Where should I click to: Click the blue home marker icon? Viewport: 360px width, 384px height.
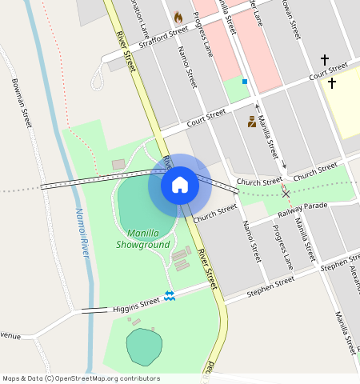pos(180,185)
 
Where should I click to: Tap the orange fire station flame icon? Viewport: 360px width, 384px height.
pos(178,17)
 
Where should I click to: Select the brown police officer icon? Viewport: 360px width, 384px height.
pos(251,122)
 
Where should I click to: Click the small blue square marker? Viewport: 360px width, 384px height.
pos(244,82)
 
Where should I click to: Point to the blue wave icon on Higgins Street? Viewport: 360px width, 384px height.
pos(170,296)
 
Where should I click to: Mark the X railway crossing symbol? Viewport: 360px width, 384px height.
pos(286,193)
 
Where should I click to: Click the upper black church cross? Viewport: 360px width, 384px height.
pos(325,60)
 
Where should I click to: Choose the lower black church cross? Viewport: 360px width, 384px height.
pos(331,82)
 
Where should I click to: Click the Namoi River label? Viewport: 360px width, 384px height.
pos(81,232)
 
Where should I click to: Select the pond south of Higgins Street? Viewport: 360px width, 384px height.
pos(144,346)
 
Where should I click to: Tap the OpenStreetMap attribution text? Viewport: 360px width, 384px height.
pos(81,378)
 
